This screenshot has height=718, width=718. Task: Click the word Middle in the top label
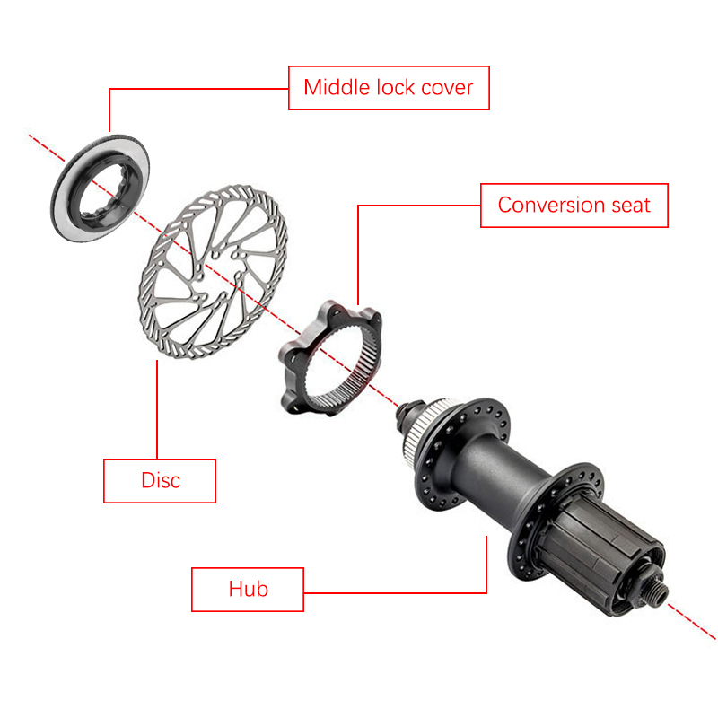click(337, 87)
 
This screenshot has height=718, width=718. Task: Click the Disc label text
click(161, 480)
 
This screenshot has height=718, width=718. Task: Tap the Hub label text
click(249, 589)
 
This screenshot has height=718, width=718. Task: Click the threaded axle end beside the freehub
click(658, 591)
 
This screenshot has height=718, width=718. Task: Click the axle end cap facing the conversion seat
click(407, 415)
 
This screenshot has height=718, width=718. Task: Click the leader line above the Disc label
click(157, 409)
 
